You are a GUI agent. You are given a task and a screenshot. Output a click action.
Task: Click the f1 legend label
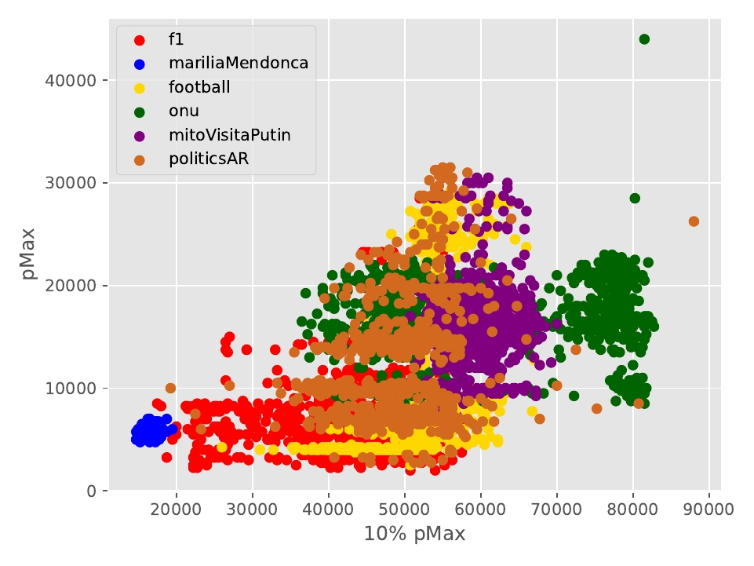coord(177,39)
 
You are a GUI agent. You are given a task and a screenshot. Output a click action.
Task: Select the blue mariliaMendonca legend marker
coord(139,64)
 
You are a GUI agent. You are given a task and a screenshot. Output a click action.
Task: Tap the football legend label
coord(200,87)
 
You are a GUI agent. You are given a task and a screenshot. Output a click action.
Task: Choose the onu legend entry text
coord(184,111)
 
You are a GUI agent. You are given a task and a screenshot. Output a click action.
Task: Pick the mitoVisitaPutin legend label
coord(229,134)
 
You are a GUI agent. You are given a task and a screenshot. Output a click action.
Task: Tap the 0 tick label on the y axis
coord(93,491)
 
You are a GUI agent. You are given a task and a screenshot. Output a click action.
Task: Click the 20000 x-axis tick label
coord(177,509)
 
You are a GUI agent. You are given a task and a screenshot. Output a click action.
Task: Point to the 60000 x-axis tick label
coord(481,509)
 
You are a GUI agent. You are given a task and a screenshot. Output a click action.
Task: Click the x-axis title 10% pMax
coord(414,535)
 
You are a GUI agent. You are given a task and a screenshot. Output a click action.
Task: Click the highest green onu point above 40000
coord(644,39)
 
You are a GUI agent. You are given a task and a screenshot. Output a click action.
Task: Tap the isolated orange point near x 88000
coord(694,221)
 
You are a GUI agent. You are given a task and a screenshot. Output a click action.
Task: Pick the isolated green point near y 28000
coord(635,198)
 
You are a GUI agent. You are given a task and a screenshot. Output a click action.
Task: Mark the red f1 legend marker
coord(139,40)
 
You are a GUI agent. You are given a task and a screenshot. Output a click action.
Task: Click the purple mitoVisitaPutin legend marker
coord(139,135)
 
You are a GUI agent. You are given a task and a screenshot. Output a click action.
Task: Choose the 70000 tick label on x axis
coord(557,509)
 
